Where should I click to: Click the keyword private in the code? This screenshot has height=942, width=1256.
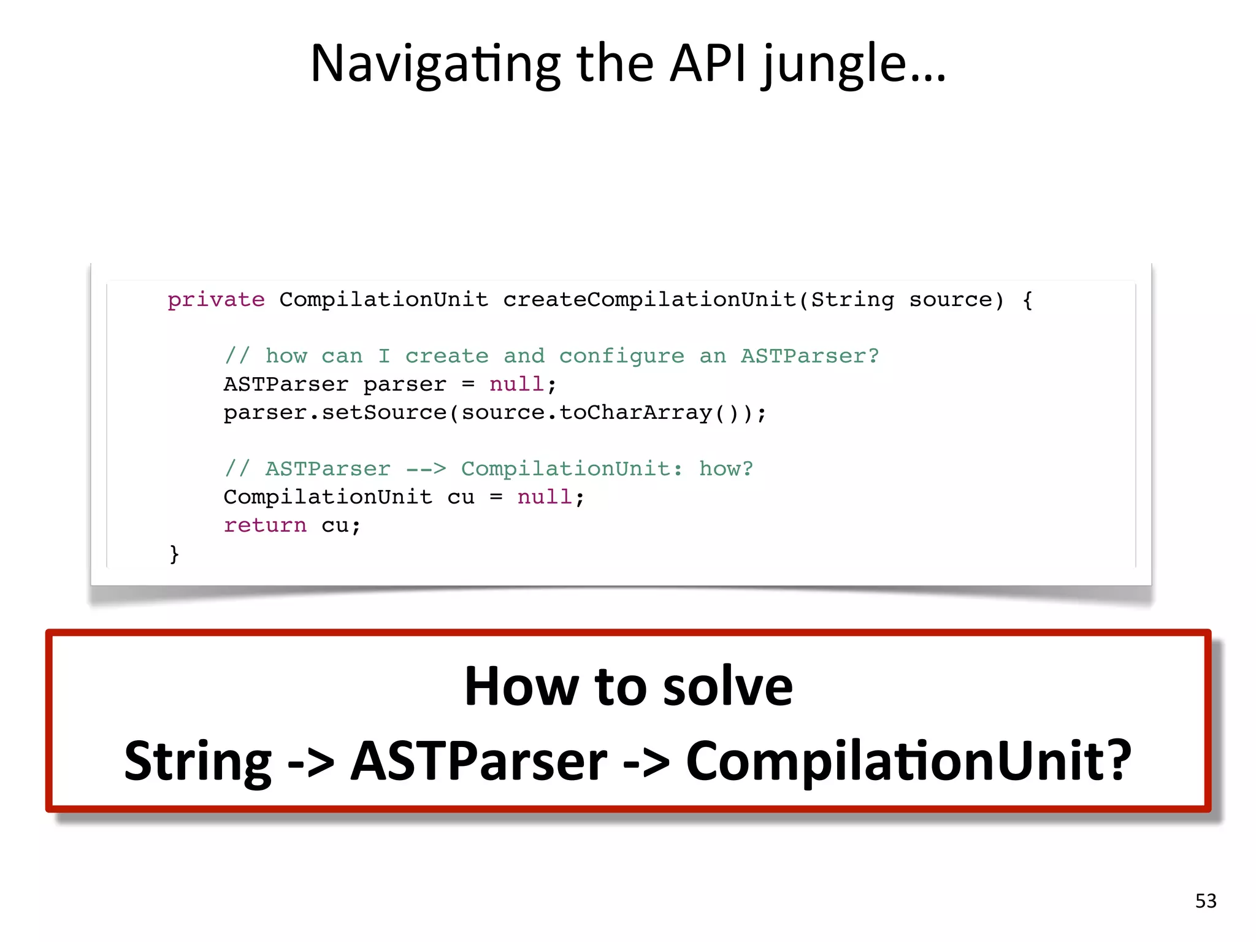coord(216,300)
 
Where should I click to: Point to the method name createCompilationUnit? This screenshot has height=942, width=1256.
coord(650,300)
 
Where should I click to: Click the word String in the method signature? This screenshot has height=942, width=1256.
coord(852,300)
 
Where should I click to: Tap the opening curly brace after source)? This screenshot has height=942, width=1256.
coord(1027,301)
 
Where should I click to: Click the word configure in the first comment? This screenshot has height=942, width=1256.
coord(621,356)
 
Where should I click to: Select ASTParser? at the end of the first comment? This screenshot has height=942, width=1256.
coord(810,356)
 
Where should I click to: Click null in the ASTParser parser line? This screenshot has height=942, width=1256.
coord(516,385)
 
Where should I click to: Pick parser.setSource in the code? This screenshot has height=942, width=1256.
coord(335,413)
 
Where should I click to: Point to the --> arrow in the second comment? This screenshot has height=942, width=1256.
coord(426,469)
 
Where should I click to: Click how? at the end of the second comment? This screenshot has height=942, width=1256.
coord(726,469)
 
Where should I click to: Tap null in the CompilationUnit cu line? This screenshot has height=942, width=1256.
coord(545,497)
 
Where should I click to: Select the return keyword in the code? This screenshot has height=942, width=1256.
coord(265,526)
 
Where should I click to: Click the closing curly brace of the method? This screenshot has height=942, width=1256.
coord(174,554)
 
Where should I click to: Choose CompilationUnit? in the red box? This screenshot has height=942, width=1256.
coord(908,761)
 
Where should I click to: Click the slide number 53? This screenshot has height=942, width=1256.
coord(1206,901)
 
